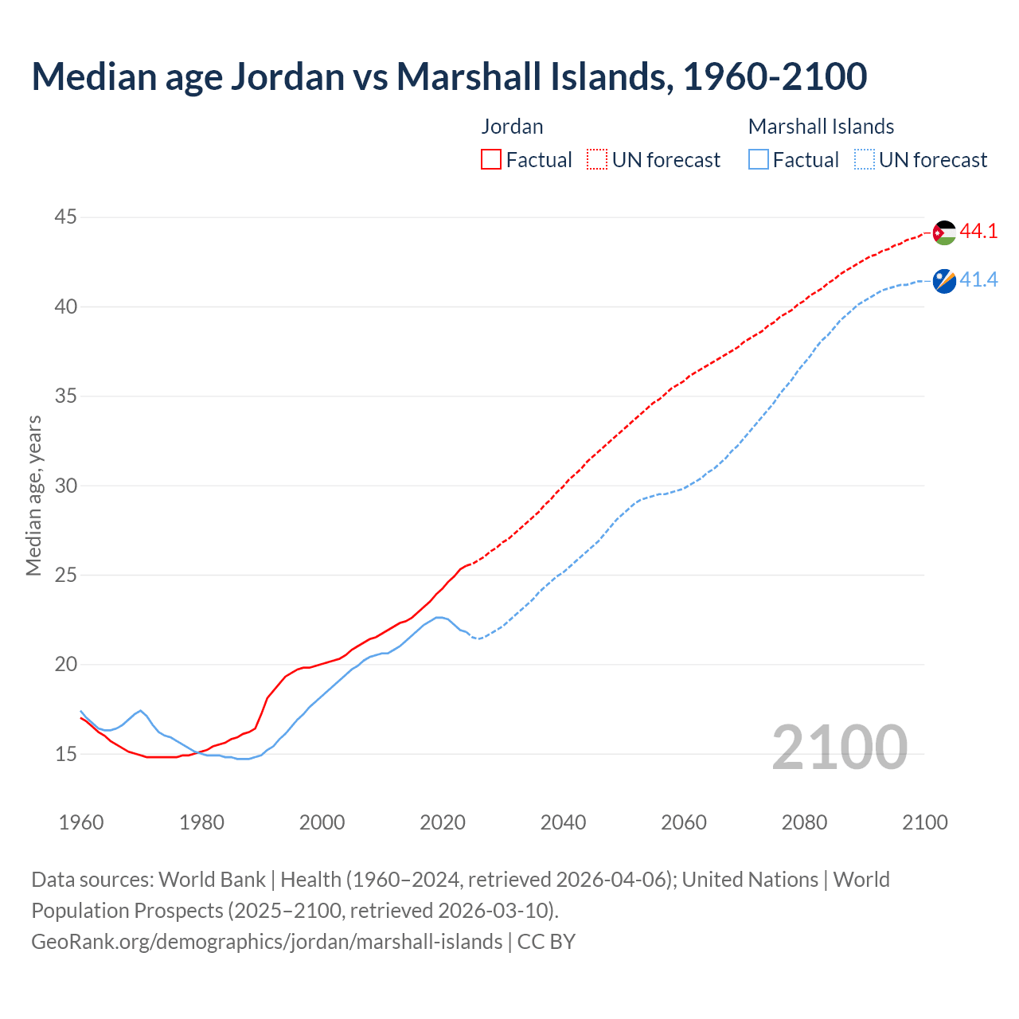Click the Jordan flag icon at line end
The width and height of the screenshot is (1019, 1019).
pos(944,232)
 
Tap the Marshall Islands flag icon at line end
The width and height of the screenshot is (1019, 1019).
pos(944,281)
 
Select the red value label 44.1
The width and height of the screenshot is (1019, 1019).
pos(978,232)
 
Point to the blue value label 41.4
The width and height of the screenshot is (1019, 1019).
pos(978,280)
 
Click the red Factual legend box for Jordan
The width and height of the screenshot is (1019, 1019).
pos(491,160)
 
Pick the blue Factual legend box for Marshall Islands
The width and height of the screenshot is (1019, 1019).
pos(759,160)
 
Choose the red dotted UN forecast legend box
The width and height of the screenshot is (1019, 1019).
pos(597,160)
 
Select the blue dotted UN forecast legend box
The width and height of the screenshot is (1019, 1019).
pos(865,160)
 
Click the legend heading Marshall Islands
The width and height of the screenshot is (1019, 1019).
pos(821,127)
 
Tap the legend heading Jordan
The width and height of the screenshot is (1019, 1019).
pos(513,127)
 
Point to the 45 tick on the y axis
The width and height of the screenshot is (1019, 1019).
pos(66,217)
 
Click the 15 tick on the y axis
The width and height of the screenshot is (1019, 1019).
pos(66,753)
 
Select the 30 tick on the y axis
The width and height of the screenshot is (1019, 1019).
pos(66,485)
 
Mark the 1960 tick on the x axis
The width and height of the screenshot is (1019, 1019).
pos(81,822)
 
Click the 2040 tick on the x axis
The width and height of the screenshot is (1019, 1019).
pos(563,822)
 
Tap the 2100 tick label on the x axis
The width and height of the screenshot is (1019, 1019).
pos(925,822)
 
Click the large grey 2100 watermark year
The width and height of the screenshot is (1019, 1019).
pos(839,747)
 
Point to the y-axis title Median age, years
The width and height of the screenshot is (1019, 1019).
pos(33,495)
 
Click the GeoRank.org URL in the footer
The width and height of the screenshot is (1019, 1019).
pos(267,942)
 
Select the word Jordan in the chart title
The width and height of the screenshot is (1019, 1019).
pos(287,76)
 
